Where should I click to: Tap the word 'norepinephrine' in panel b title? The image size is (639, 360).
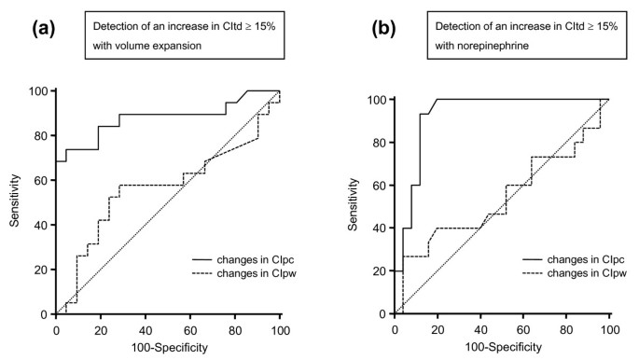point(481,46)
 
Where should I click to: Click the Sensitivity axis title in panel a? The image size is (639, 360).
point(16,204)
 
